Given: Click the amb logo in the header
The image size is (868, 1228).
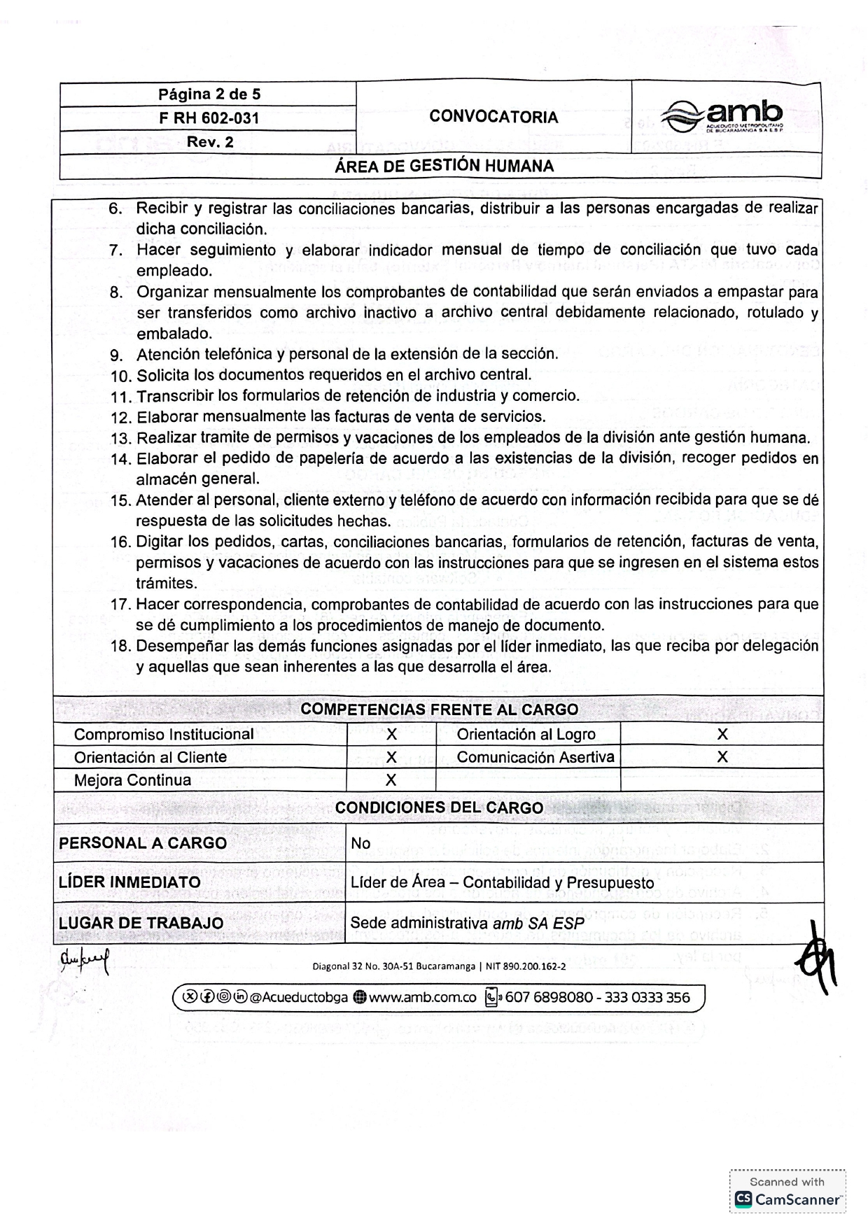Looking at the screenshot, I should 722,115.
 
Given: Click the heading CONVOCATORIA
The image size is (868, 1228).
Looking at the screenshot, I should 493,117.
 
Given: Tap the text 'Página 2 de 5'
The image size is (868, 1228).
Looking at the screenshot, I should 209,94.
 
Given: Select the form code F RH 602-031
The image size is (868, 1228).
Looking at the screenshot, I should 209,118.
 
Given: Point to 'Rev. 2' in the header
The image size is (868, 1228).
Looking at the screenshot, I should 209,142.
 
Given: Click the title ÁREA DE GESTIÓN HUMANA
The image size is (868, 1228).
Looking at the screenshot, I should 444,166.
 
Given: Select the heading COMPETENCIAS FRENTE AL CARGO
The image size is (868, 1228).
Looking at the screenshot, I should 439,710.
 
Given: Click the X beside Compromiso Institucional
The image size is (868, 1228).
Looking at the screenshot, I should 391,734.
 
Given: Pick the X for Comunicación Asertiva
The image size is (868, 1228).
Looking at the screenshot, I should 722,757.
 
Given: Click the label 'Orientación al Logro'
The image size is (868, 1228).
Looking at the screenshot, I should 526,734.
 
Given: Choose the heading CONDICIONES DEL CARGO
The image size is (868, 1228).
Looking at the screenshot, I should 439,807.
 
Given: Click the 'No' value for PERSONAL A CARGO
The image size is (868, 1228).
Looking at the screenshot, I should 360,843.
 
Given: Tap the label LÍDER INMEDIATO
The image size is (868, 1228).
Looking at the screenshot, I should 129,882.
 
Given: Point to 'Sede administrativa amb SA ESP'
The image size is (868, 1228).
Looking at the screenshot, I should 467,923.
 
